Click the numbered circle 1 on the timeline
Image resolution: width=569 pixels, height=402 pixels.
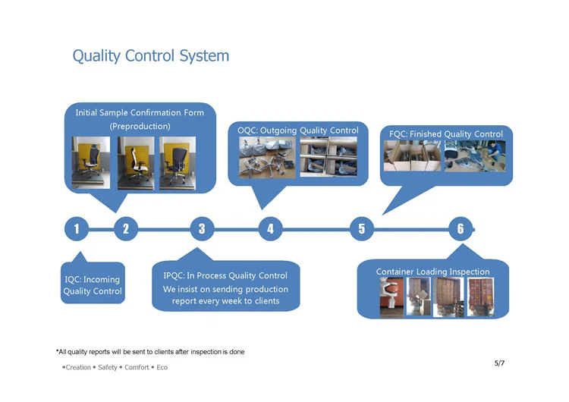click(x=76, y=229)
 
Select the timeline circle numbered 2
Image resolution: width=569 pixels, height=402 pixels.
click(x=126, y=229)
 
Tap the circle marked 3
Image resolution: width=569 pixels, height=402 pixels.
click(x=202, y=229)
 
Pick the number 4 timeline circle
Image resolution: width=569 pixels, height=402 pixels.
click(x=270, y=229)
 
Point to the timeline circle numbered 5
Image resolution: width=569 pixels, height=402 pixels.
click(x=362, y=229)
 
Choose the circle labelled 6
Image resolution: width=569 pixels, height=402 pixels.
click(x=461, y=229)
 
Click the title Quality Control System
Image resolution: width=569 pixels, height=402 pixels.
click(x=151, y=56)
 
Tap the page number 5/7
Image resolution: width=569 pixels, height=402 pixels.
click(x=499, y=363)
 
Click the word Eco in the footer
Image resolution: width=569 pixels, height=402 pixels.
click(x=162, y=367)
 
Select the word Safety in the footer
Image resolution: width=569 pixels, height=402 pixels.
click(x=108, y=367)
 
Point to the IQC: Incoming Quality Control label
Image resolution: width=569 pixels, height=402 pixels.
click(x=93, y=285)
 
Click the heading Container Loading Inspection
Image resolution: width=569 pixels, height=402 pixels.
click(x=432, y=272)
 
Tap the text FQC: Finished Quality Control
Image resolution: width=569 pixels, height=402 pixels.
click(x=446, y=134)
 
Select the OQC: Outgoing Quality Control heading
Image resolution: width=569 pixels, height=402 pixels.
click(x=298, y=130)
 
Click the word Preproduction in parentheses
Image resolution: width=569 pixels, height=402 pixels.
click(x=140, y=126)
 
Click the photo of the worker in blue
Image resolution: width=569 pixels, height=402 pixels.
click(x=475, y=156)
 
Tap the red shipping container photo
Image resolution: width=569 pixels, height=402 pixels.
click(x=480, y=297)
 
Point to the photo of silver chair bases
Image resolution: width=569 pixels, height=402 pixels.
click(x=267, y=158)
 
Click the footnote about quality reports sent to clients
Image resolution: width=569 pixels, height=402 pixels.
click(x=150, y=352)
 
